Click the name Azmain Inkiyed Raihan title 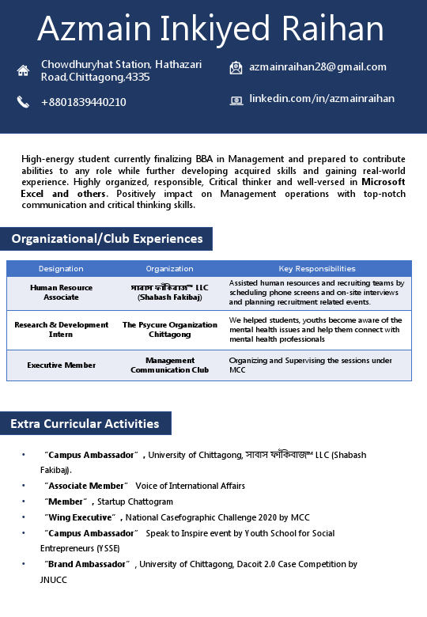[x=210, y=30]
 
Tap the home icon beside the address [x=23, y=70]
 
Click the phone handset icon [x=23, y=101]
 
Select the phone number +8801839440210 [x=83, y=102]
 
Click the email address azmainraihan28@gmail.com [x=318, y=67]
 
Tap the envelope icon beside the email [x=236, y=68]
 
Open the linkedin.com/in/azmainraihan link [x=322, y=99]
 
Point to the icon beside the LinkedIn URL [x=236, y=100]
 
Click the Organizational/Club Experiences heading [x=107, y=238]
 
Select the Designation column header [x=61, y=269]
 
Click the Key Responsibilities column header [x=317, y=269]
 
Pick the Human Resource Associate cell [x=61, y=293]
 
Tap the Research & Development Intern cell [x=61, y=330]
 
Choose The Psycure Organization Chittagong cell [x=169, y=330]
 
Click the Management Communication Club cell [x=169, y=365]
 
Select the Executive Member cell [x=61, y=365]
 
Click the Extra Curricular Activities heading [x=85, y=424]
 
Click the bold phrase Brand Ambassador [x=87, y=564]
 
